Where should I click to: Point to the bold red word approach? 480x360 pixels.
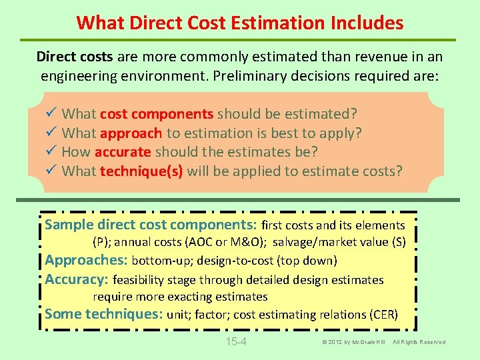131,133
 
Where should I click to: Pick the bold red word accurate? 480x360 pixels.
124,152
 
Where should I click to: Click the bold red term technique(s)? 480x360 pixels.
141,171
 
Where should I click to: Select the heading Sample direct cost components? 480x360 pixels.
151,225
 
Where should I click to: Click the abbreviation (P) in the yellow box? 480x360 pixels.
102,242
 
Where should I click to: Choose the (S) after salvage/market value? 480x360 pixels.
398,242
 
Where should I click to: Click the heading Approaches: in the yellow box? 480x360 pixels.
86,260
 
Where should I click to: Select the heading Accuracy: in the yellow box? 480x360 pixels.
77,279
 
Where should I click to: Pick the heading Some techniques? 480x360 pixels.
104,314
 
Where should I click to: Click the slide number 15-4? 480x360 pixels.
237,342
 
